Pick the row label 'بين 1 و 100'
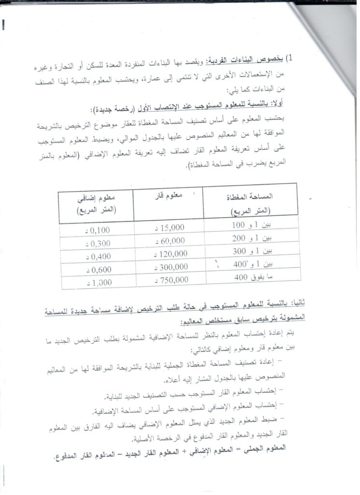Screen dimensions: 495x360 pos(249,225)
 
